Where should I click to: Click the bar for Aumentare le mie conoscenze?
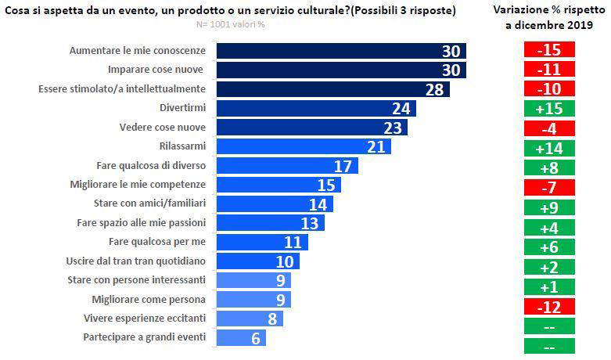(x=340, y=51)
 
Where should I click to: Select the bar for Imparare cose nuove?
(x=340, y=70)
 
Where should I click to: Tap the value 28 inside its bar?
(x=434, y=89)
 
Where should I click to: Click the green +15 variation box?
(x=549, y=108)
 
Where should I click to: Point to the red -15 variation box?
(x=549, y=49)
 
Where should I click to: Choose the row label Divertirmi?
(x=182, y=108)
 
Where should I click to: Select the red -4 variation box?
(x=549, y=128)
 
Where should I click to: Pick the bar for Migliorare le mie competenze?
(x=278, y=185)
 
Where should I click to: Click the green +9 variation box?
(x=549, y=207)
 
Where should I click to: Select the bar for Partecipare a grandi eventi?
(x=240, y=338)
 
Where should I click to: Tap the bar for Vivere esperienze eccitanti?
(x=249, y=319)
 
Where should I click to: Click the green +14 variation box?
(x=549, y=148)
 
